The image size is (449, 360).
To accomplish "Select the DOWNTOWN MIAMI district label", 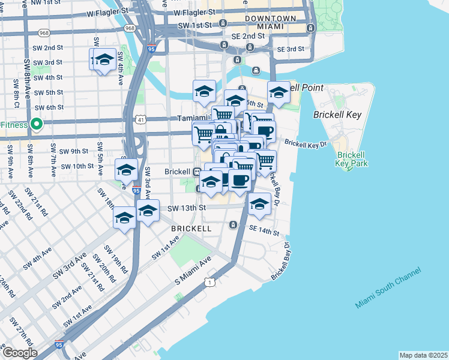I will tap(270, 23).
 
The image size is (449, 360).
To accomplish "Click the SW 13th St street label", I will tap(187, 208).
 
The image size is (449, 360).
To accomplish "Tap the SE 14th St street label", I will tap(265, 230).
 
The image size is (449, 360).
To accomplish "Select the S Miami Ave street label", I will tap(194, 271).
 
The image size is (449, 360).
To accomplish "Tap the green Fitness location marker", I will tap(37, 125).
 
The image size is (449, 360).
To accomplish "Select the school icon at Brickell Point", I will tap(279, 93).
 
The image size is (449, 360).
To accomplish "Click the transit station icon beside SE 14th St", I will tap(234, 225).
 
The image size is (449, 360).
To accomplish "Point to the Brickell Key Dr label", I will tap(306, 144).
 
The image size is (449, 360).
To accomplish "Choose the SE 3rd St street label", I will tap(291, 49).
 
